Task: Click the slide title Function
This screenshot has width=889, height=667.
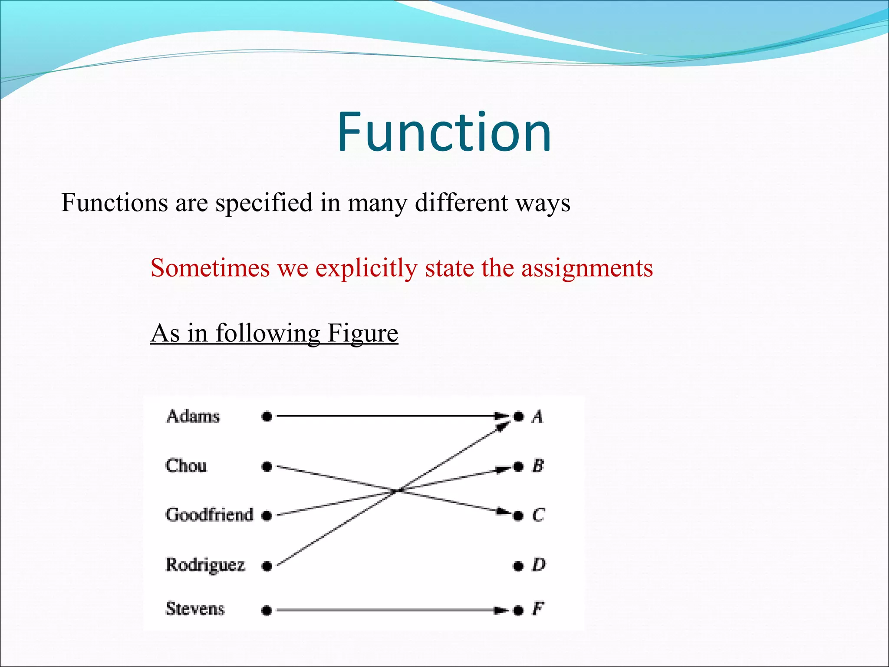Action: pos(444,132)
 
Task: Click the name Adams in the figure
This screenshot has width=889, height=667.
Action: pos(193,416)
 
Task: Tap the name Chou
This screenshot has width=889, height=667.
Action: pos(186,466)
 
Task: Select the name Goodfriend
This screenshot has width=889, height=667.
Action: pos(209,515)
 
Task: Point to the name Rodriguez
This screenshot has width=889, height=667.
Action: pos(205,565)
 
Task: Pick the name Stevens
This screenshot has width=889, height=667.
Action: pos(195,609)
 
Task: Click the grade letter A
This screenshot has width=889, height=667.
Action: pos(537,417)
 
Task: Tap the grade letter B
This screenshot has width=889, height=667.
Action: pos(538,466)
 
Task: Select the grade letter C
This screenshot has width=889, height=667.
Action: pos(538,515)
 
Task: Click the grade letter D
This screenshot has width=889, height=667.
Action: pos(539,565)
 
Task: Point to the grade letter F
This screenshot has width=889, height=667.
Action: pos(538,609)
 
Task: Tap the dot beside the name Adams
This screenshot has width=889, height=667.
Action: pos(267,417)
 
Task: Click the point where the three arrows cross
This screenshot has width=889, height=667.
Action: pos(397,491)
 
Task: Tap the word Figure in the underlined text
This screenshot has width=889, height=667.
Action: pos(362,333)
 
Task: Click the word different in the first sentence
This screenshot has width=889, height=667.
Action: pos(461,203)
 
